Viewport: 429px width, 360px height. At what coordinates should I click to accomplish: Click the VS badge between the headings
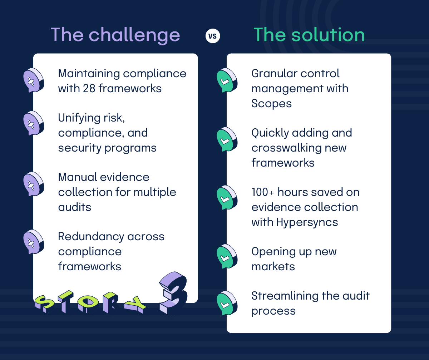pyautogui.click(x=213, y=36)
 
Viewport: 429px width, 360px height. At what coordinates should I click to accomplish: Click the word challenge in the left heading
pyautogui.click(x=134, y=35)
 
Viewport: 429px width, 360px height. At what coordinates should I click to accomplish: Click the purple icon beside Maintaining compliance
pyautogui.click(x=33, y=81)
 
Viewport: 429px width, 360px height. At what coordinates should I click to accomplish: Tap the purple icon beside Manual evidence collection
pyautogui.click(x=33, y=184)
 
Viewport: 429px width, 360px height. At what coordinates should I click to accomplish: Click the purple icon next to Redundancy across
pyautogui.click(x=33, y=243)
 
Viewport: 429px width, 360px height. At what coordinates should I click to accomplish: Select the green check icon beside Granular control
pyautogui.click(x=227, y=81)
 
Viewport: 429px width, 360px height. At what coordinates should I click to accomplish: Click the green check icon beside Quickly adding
pyautogui.click(x=227, y=140)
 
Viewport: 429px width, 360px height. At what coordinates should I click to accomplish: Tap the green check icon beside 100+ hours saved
pyautogui.click(x=227, y=198)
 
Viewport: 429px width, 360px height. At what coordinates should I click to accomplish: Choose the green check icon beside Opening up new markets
pyautogui.click(x=227, y=257)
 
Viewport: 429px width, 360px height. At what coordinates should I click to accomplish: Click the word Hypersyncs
pyautogui.click(x=307, y=222)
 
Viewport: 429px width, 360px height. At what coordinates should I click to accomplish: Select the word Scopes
pyautogui.click(x=271, y=104)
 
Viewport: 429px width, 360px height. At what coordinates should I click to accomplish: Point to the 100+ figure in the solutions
pyautogui.click(x=263, y=192)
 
